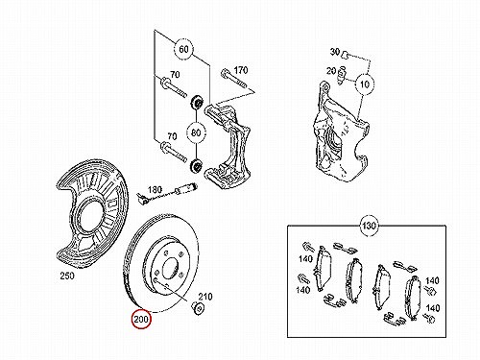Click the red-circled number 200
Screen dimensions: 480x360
click(141, 319)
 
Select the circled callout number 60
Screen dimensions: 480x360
click(183, 50)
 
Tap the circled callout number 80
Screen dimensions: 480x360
click(196, 132)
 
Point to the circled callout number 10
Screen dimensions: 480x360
click(365, 84)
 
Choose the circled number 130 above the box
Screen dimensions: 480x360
click(369, 226)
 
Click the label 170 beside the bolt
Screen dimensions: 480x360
click(241, 70)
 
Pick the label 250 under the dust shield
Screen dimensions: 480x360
click(67, 276)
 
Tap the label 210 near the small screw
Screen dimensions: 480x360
click(204, 297)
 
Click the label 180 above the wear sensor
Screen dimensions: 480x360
click(155, 190)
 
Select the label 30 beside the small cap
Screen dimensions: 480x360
click(334, 52)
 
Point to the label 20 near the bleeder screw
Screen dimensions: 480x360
click(331, 71)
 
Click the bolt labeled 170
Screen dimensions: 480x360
click(233, 79)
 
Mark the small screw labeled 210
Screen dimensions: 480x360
click(197, 307)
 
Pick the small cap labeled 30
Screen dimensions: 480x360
click(345, 54)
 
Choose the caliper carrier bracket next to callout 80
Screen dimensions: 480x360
click(228, 146)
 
